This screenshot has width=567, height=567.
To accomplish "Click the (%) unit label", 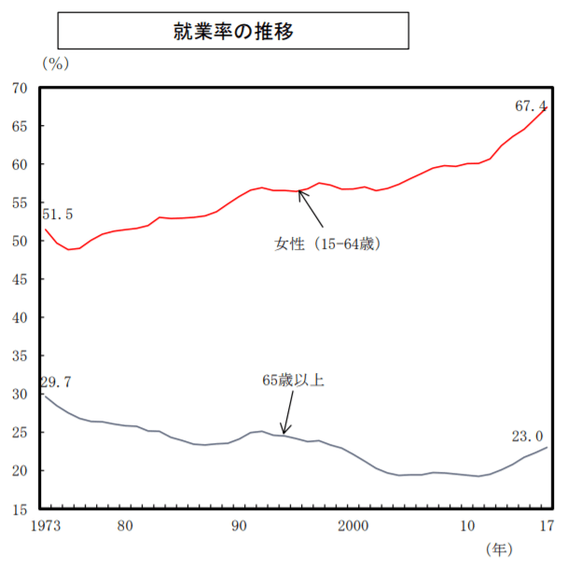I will (x=55, y=63).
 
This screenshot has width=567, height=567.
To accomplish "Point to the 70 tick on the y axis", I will (x=20, y=89).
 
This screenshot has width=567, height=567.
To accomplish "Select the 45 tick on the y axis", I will (x=20, y=280).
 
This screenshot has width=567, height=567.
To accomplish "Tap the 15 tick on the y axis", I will (x=20, y=510).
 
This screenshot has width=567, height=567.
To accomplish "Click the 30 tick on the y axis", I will (x=20, y=395).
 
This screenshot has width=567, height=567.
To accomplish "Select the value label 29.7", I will (x=56, y=381).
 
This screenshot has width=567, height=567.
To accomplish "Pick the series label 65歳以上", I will (x=293, y=380).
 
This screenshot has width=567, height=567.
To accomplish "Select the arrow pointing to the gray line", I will (x=288, y=413).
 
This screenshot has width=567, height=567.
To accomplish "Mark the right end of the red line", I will (x=546, y=107).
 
